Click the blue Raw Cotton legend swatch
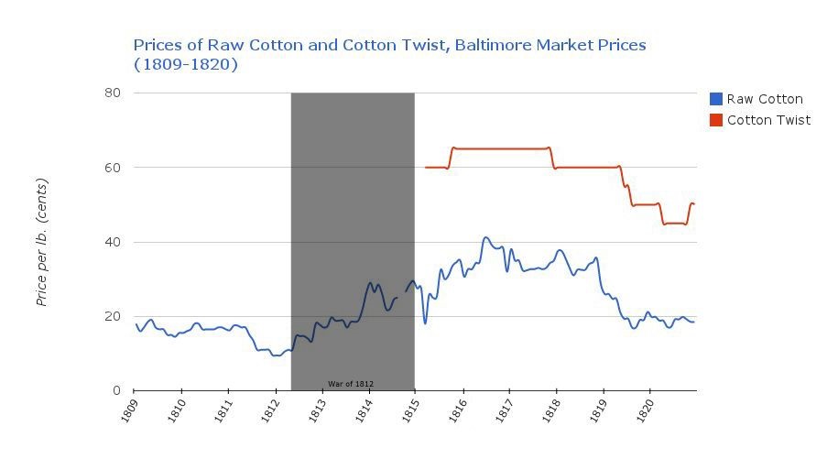tap(716, 99)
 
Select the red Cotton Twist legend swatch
tap(716, 120)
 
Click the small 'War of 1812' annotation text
tap(351, 384)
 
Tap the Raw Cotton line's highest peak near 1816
tap(485, 237)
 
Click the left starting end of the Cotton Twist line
tap(426, 168)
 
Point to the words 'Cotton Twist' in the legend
tap(768, 120)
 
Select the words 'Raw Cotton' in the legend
tap(765, 99)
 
